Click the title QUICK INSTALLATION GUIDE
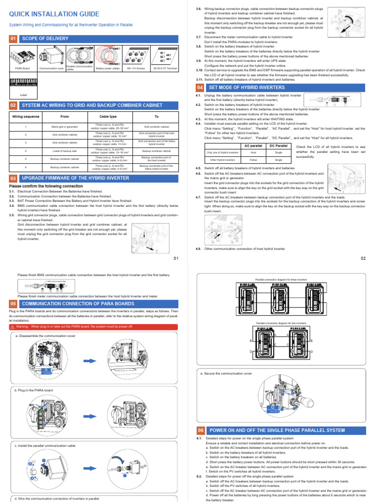coord(50,14)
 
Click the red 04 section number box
coord(200,87)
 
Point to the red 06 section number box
coord(200,430)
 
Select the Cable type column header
coord(108,117)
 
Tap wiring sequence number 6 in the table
coord(25,167)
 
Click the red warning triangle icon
coord(13,326)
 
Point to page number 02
coord(363,258)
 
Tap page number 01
coord(176,258)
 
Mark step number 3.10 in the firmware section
coord(200,70)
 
